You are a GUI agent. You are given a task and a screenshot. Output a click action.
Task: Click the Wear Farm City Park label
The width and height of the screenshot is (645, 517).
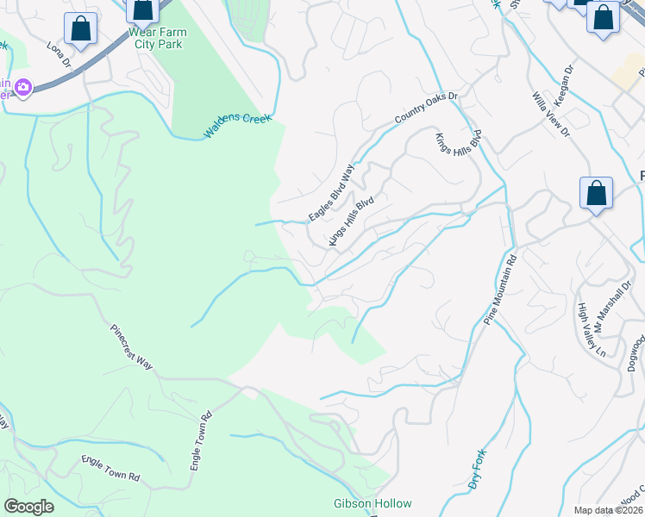(x=157, y=39)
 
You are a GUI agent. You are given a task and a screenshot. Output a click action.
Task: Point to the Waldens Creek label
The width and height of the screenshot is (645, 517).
(x=237, y=126)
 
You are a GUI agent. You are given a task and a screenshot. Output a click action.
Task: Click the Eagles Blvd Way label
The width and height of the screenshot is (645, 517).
(x=332, y=192)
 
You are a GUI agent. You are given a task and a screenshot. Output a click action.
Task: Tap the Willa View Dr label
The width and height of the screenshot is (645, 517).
(x=551, y=115)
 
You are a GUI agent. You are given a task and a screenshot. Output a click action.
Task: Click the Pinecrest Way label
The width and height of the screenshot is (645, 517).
(x=131, y=347)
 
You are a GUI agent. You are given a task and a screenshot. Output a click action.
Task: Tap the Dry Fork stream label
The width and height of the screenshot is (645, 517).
(x=478, y=470)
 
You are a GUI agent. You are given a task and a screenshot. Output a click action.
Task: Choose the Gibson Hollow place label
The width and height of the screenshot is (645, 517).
(x=373, y=503)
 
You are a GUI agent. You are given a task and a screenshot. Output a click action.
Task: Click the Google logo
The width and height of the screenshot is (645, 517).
(x=28, y=507)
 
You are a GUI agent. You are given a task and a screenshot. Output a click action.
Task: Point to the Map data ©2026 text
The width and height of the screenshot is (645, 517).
(x=608, y=510)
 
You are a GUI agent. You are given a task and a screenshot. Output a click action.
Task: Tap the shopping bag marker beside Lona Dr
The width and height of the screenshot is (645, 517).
(x=80, y=28)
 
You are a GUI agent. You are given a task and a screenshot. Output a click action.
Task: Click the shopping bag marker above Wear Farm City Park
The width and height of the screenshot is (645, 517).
(x=142, y=9)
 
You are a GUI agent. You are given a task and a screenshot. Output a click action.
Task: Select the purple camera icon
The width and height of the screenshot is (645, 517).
(x=22, y=87)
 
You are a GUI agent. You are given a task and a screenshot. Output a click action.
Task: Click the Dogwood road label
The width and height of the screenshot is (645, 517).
(x=636, y=352)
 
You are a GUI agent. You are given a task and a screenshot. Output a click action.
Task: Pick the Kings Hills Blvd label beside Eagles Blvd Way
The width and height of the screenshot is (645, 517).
(x=350, y=221)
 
